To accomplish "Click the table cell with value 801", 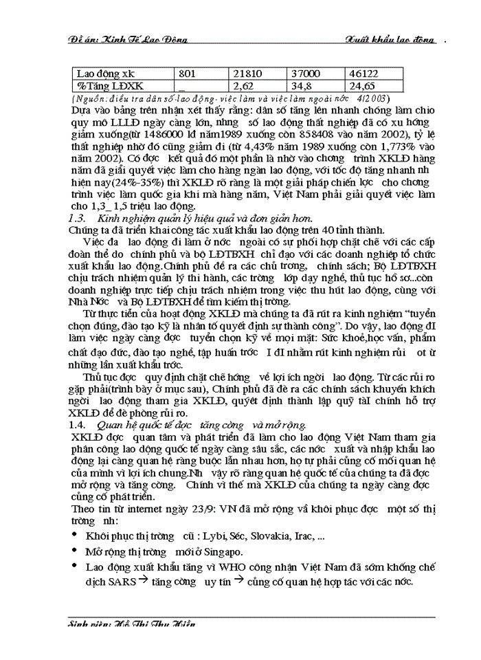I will coord(188,72).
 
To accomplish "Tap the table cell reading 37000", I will coord(307,72).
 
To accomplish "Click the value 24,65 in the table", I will coord(364,86).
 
